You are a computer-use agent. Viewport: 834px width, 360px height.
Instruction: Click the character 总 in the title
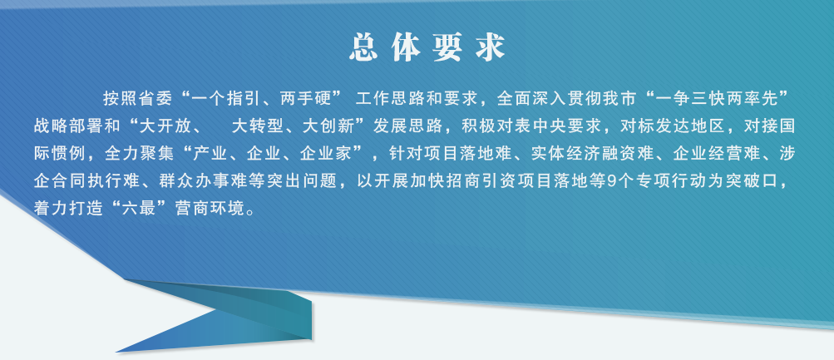coord(363,48)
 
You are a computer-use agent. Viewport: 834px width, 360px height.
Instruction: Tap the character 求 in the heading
coord(489,48)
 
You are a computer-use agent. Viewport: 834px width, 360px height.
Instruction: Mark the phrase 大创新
coord(327,126)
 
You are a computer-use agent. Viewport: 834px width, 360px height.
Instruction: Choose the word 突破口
coord(762,181)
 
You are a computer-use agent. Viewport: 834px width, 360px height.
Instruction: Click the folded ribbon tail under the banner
coord(224,317)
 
